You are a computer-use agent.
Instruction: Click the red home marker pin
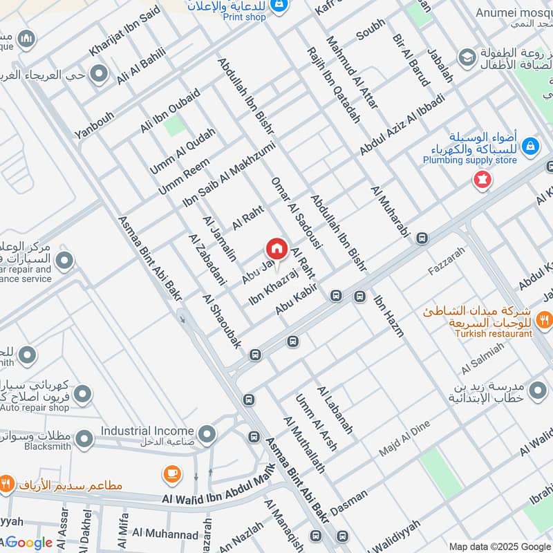pyautogui.click(x=276, y=248)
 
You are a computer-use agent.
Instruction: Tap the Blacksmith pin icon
pyautogui.click(x=84, y=439)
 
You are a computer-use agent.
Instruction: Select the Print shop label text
pyautogui.click(x=244, y=17)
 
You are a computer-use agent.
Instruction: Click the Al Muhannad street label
pyautogui.click(x=165, y=533)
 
